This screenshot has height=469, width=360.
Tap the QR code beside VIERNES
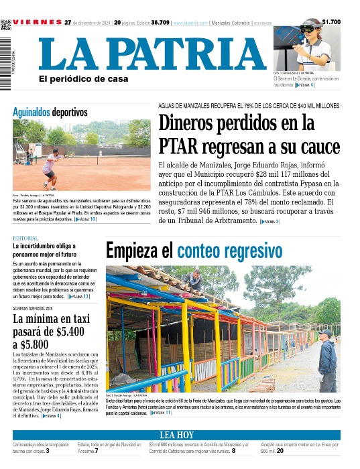[x=6, y=25]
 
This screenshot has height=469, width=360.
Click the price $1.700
[x=331, y=22]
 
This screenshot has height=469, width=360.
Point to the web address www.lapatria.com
[x=189, y=23]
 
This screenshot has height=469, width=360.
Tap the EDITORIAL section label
[x=25, y=239]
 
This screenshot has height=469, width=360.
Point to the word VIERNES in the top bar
[x=37, y=22]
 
